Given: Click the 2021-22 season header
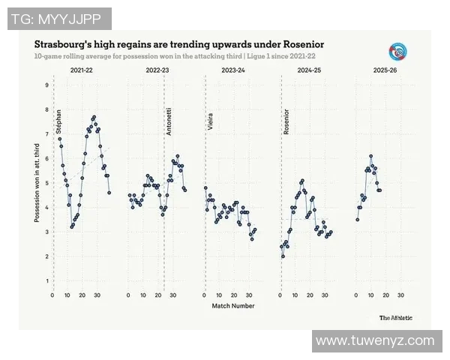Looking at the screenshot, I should [x=82, y=70].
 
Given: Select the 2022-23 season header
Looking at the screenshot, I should [x=157, y=70].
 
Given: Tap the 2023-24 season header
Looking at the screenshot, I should [x=232, y=70].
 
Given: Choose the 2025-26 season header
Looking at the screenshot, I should [x=385, y=70].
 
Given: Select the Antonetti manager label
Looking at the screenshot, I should [x=169, y=120].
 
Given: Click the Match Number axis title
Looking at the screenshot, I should [x=232, y=306].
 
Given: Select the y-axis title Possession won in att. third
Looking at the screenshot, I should [x=36, y=183].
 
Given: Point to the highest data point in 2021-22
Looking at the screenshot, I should [x=94, y=117].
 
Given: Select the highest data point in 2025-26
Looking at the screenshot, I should [x=370, y=156].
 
